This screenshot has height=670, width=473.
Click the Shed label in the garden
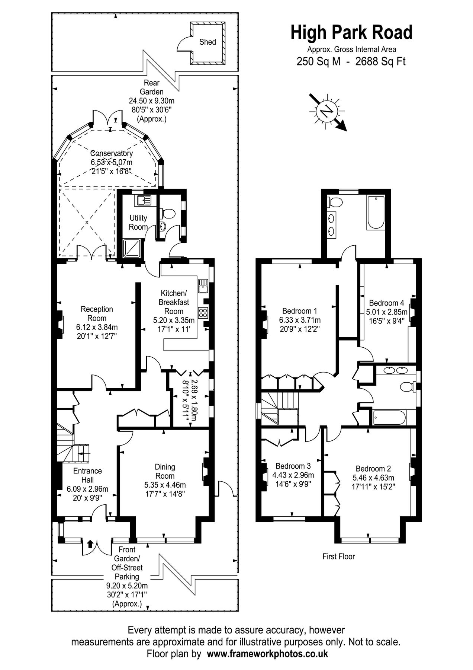point(207,42)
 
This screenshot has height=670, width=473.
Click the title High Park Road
point(351,32)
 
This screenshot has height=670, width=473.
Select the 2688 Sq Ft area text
point(380,61)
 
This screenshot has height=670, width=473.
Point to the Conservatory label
point(112,153)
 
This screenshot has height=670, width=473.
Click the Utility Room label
point(138,222)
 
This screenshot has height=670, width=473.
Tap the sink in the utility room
point(143,201)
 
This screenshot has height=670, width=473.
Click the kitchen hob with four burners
point(203,312)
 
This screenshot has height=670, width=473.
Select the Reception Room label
point(97,313)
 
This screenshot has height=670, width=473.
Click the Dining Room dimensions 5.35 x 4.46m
point(165,485)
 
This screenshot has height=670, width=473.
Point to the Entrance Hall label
point(87,475)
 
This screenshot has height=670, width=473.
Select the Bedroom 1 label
point(300,311)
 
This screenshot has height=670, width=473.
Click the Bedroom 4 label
point(386,303)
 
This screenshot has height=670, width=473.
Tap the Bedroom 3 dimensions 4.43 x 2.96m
point(293,475)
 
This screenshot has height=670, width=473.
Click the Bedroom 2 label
point(373,469)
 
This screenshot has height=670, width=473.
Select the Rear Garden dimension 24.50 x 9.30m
point(151,101)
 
